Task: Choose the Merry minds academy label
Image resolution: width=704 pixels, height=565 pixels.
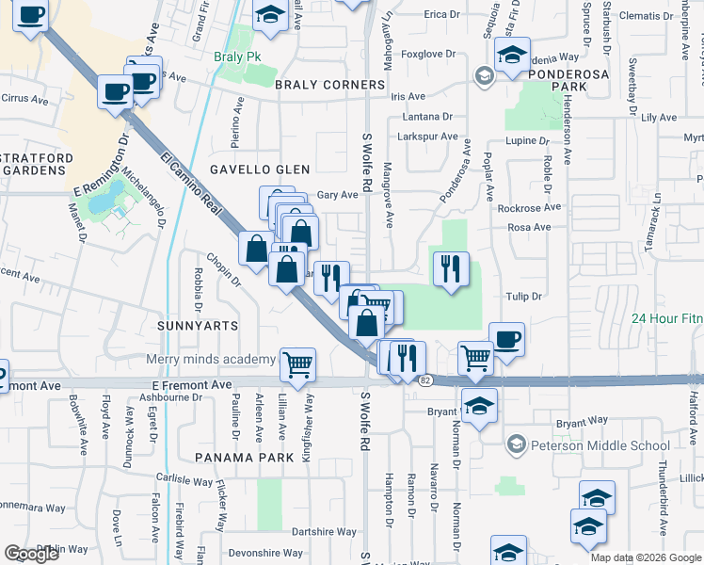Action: pyautogui.click(x=211, y=359)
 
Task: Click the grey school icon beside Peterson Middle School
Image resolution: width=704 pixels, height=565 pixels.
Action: pyautogui.click(x=515, y=444)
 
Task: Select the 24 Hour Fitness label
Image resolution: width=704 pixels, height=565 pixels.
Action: pyautogui.click(x=667, y=319)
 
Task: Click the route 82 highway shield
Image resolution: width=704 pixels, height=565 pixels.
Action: pyautogui.click(x=426, y=379)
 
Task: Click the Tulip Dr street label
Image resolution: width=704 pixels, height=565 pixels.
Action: pyautogui.click(x=524, y=296)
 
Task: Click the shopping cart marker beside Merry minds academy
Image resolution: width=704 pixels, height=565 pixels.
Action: pyautogui.click(x=297, y=363)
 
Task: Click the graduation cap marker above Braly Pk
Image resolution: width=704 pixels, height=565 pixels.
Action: pyautogui.click(x=270, y=15)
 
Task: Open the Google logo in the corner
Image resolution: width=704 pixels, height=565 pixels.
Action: pyautogui.click(x=32, y=554)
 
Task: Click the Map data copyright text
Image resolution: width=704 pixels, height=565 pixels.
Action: pyautogui.click(x=646, y=557)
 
